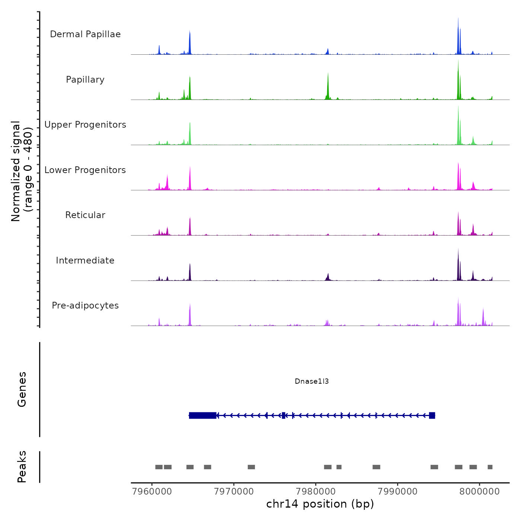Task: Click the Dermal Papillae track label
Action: (85, 34)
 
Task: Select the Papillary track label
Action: (85, 80)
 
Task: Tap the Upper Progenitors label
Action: (85, 125)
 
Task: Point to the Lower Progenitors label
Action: (85, 170)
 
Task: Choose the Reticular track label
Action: (85, 215)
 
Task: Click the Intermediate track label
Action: (85, 260)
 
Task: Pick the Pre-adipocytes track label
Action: (85, 306)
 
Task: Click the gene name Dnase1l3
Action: (311, 381)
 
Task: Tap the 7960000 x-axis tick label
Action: (152, 492)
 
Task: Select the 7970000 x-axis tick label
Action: (234, 492)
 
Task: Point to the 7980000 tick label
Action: (316, 492)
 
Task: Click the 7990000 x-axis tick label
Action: (398, 492)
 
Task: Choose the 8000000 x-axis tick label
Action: (479, 492)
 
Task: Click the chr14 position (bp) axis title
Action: (320, 504)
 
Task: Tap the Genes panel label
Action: (22, 389)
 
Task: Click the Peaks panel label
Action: (22, 467)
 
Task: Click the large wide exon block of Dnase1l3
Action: (203, 415)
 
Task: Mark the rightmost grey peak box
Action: (490, 467)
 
